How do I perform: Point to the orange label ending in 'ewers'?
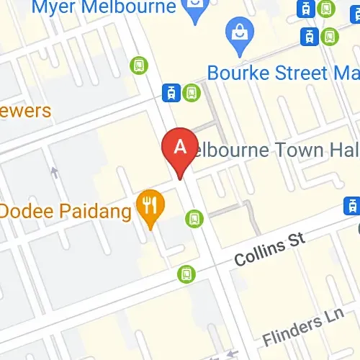(x=26, y=111)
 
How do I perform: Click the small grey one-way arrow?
(x=54, y=172)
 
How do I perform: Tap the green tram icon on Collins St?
(x=186, y=274)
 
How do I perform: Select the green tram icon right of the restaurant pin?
(x=194, y=217)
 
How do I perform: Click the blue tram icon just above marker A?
(x=172, y=91)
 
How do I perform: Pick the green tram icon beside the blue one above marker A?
(x=191, y=91)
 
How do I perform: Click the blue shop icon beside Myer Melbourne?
(x=194, y=8)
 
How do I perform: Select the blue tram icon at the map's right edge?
(x=353, y=204)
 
